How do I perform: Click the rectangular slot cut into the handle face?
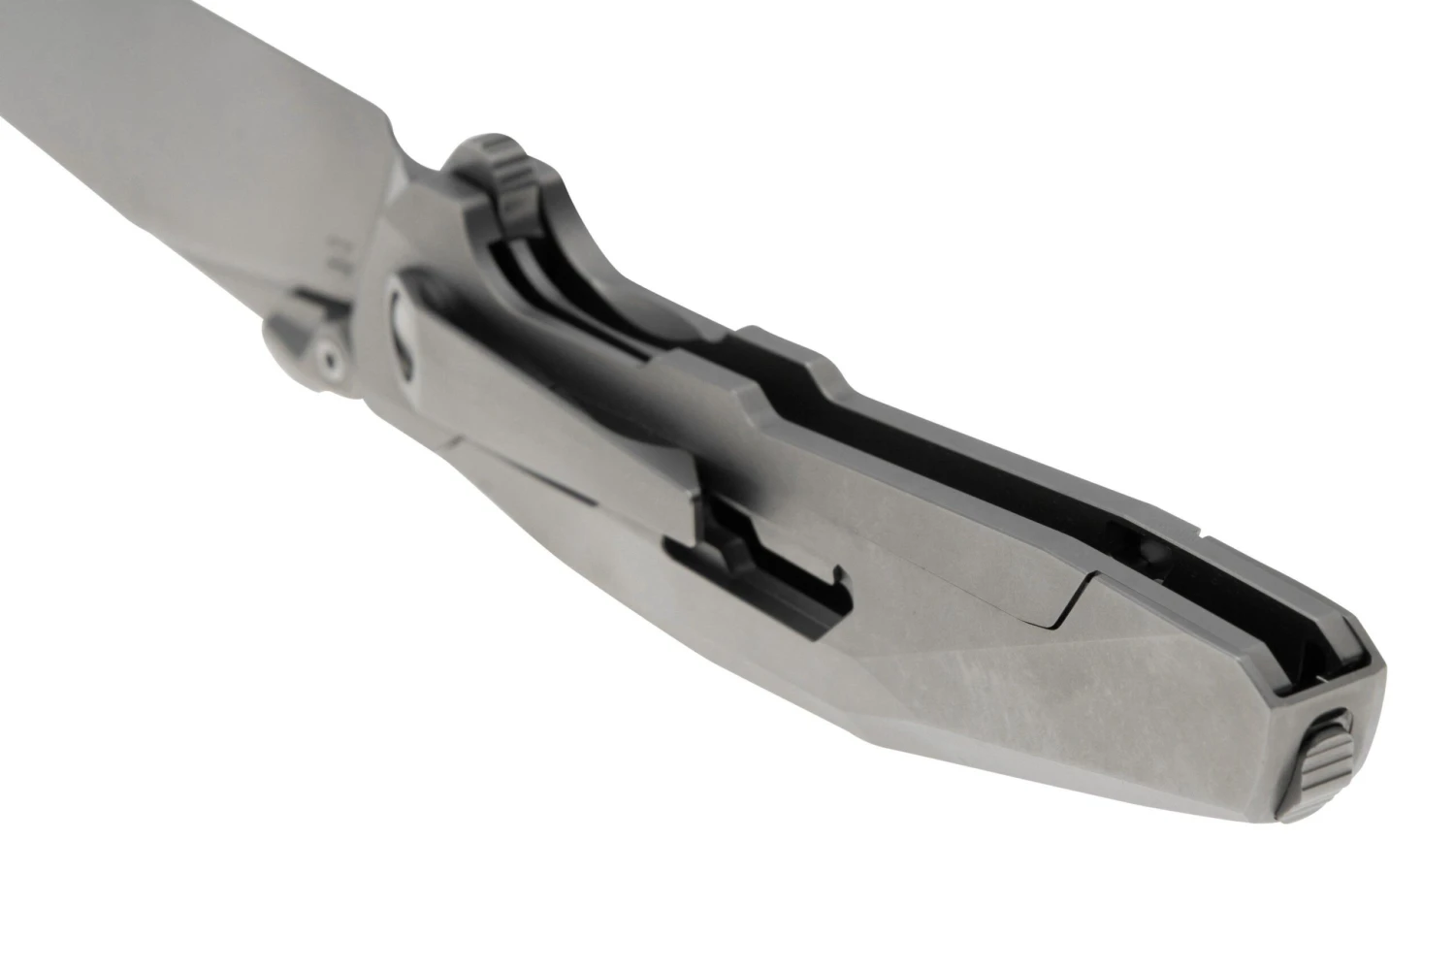766,582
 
